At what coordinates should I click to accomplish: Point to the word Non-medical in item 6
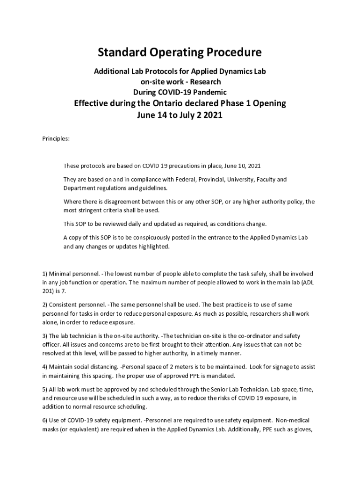pos(292,421)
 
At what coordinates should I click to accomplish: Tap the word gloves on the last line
pos(302,429)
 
